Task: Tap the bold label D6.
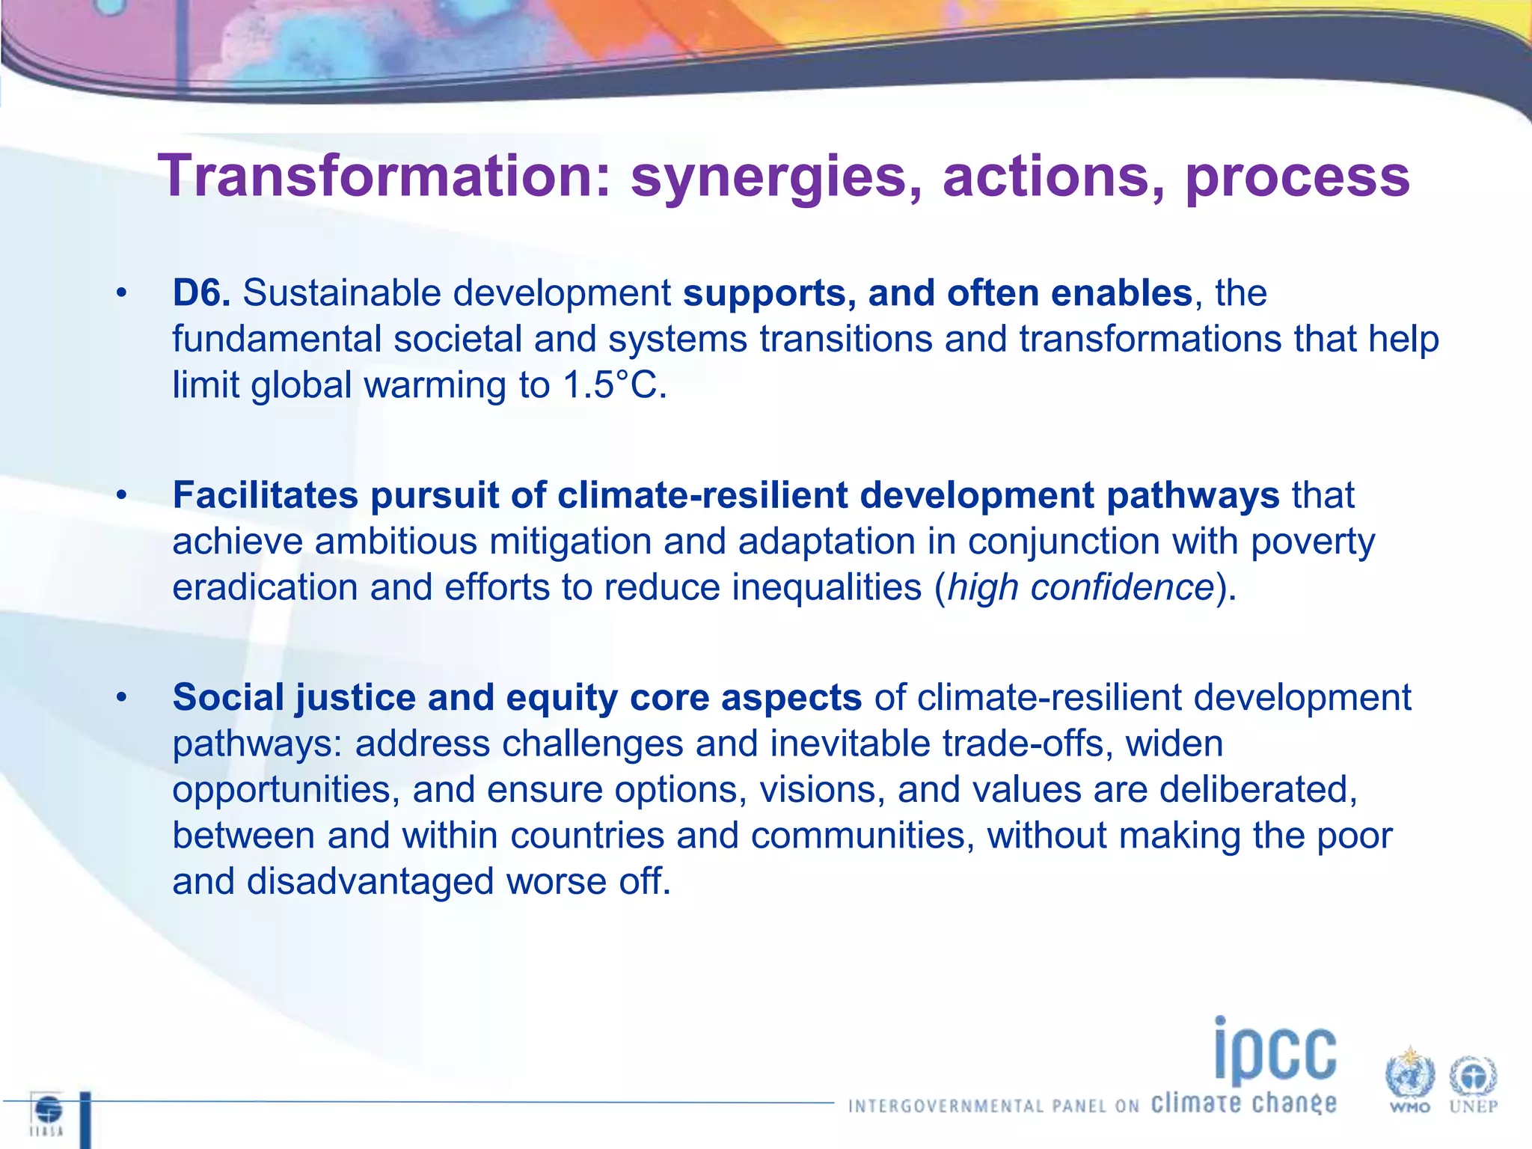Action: tap(200, 293)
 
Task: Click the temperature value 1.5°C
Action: tap(613, 386)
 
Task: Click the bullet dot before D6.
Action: tap(122, 293)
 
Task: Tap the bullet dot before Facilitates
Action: tap(122, 495)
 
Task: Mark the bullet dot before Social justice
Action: tap(122, 697)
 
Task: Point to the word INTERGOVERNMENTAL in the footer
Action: tap(946, 1106)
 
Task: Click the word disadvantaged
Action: tap(370, 881)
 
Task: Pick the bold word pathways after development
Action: tap(1192, 495)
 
